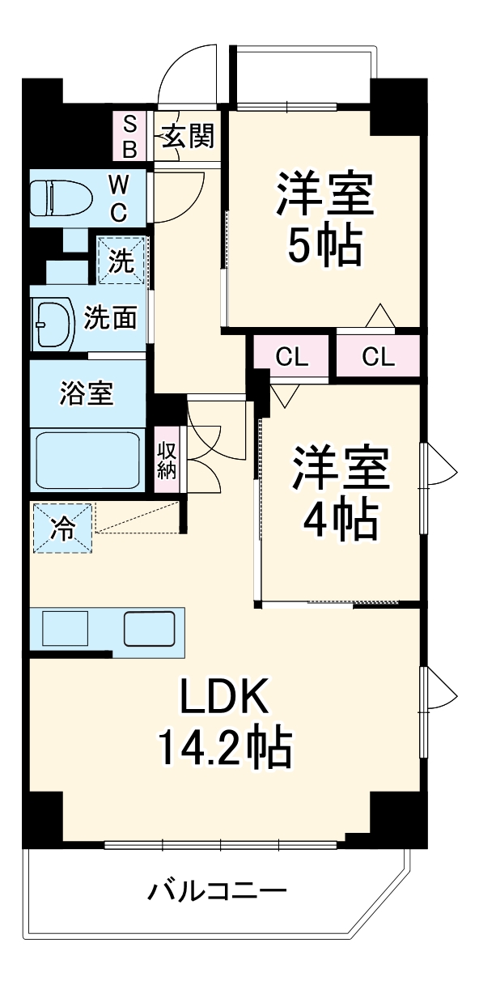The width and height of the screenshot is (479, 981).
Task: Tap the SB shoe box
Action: tap(129, 137)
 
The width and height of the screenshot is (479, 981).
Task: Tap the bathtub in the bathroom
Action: tap(87, 459)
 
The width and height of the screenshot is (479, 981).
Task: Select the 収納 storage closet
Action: tap(167, 460)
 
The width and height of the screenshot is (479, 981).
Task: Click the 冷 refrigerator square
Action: tap(62, 528)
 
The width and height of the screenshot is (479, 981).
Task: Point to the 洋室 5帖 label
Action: tap(324, 220)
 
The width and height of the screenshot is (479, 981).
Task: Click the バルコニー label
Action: tap(217, 894)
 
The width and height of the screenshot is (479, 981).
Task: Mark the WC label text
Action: tap(118, 198)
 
